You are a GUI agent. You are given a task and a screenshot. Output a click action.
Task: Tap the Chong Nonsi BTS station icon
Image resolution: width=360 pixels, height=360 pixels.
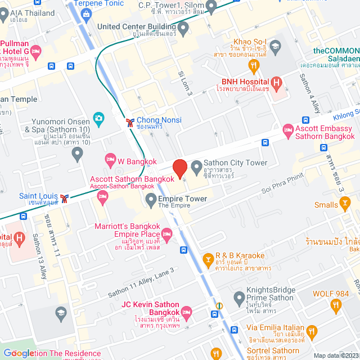130,121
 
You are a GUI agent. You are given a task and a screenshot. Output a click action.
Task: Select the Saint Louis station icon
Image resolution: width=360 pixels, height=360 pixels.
65,197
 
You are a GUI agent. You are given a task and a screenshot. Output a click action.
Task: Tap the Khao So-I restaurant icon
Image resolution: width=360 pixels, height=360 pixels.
254,66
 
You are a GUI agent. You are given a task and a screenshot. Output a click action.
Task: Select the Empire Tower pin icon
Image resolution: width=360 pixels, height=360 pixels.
151,199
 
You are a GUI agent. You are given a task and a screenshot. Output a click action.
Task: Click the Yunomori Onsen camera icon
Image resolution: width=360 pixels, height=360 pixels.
98,118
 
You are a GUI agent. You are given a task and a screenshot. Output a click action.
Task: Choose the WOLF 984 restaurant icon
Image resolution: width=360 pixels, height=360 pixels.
336,305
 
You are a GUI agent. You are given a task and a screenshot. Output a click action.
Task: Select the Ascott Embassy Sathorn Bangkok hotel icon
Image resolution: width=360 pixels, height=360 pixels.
287,129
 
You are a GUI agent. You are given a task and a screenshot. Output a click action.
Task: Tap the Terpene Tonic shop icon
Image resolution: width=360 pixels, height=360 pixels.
85,13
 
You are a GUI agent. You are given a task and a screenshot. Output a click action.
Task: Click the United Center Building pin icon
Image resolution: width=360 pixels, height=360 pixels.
183,26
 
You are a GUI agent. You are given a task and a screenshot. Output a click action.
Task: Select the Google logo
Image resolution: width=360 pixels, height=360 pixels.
19,353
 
